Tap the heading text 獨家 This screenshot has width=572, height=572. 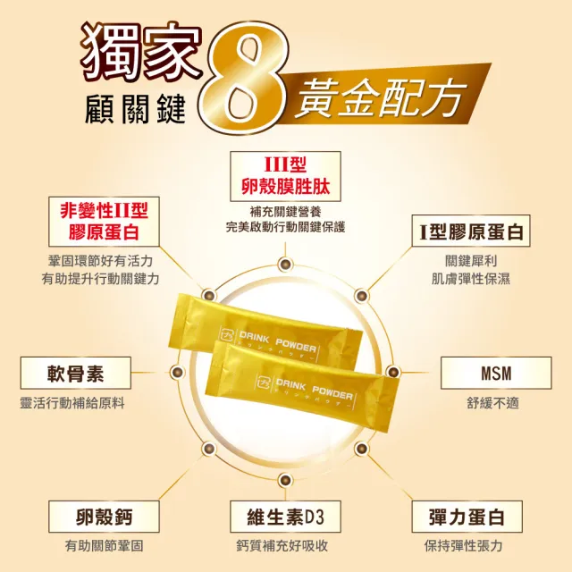coord(141,51)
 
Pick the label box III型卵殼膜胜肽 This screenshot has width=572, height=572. coord(285,176)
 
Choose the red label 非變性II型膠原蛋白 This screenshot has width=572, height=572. coord(104,222)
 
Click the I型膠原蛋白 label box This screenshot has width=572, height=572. coord(471,231)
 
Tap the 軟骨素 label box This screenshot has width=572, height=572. coord(75,373)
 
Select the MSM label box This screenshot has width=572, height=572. coord(496,373)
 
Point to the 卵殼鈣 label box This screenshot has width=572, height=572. coord(104,517)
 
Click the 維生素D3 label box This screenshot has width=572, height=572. coord(285,517)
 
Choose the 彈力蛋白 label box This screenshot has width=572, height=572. coord(467,517)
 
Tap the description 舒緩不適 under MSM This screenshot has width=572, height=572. coord(492,403)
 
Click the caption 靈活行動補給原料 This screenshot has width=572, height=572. coord(72,403)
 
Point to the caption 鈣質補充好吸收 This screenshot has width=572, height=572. coord(282,546)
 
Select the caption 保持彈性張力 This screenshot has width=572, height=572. coord(463,546)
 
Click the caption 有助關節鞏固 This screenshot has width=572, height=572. coord(105,546)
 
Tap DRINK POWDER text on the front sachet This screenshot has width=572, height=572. coord(315,388)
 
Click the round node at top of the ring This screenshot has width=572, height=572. coord(285,264)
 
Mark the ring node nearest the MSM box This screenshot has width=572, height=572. coord(393,372)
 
